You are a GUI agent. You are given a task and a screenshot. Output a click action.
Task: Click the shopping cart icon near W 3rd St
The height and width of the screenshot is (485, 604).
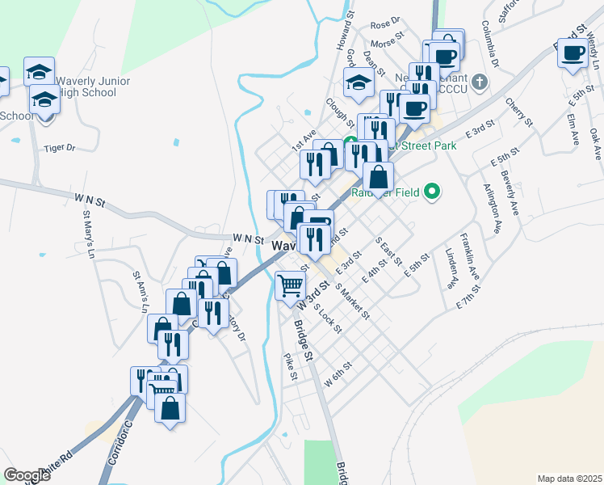pyautogui.click(x=290, y=285)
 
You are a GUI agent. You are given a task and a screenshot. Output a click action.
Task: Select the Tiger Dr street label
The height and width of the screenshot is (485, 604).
pyautogui.click(x=59, y=148)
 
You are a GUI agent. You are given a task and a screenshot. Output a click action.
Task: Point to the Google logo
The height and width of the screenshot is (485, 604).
pyautogui.click(x=27, y=475)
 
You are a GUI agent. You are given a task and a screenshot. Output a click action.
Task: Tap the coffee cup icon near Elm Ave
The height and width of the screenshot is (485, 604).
pyautogui.click(x=573, y=54)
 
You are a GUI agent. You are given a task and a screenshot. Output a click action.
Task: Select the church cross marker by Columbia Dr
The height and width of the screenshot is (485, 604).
pyautogui.click(x=480, y=82)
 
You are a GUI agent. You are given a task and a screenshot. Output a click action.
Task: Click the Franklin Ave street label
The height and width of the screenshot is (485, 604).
pyautogui.click(x=470, y=256)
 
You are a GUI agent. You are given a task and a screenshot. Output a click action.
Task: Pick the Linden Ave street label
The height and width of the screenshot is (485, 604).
pyautogui.click(x=451, y=269)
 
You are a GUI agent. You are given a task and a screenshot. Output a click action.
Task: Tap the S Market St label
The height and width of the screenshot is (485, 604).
pyautogui.click(x=352, y=302)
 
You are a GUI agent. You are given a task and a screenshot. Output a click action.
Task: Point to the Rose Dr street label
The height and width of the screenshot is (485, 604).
pyautogui.click(x=385, y=21)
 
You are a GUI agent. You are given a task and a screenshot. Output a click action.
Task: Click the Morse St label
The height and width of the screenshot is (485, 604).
pyautogui.click(x=388, y=40)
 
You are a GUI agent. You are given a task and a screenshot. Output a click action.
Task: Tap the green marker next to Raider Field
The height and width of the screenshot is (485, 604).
pyautogui.click(x=433, y=192)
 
